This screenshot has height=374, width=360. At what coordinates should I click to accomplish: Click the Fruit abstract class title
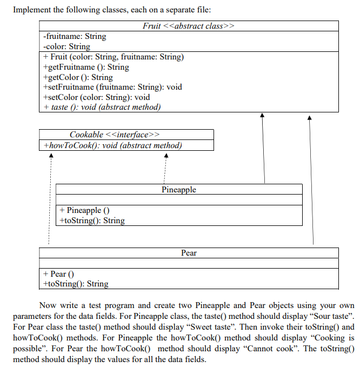188,26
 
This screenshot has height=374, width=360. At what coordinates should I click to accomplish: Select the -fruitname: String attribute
74,36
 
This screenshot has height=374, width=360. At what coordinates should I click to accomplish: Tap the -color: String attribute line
66,46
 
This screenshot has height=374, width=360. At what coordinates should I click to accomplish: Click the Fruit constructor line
113,57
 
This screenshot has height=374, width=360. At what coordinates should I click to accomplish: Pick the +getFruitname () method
85,67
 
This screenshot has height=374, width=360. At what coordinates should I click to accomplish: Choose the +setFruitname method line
112,87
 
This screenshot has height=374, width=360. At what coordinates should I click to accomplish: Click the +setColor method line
96,97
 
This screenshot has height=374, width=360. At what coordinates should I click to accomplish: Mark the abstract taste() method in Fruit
101,107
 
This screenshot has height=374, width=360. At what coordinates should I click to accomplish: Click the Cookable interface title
115,135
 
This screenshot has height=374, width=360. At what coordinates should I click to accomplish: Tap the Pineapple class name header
179,190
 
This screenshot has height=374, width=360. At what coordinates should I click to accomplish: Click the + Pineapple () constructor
85,210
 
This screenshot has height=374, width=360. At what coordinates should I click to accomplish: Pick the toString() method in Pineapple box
91,221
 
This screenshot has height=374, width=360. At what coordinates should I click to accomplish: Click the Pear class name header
189,253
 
